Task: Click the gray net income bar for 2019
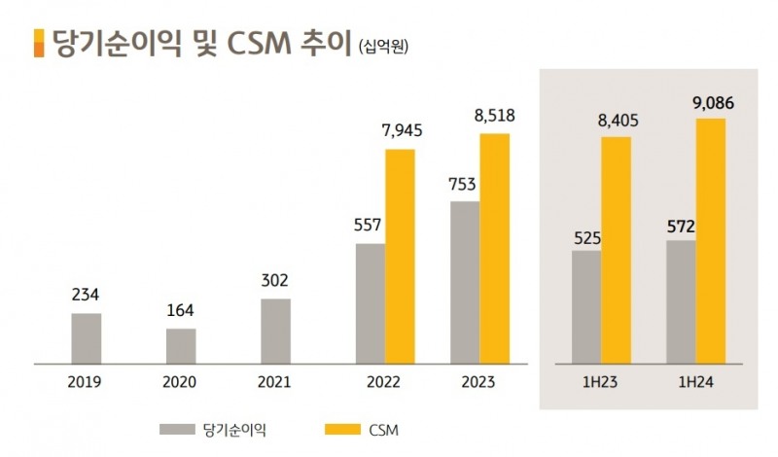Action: pos(87,337)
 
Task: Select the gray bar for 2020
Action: pos(181,345)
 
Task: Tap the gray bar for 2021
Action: pos(275,331)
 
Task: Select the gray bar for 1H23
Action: pos(586,306)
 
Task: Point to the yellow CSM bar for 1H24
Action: pos(710,240)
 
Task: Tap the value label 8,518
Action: pos(494,116)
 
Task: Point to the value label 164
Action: pos(181,311)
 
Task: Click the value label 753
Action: pos(464,184)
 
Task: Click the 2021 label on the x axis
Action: pos(275,382)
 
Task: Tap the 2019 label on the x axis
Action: pos(87,382)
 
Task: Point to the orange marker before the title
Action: pos(38,43)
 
